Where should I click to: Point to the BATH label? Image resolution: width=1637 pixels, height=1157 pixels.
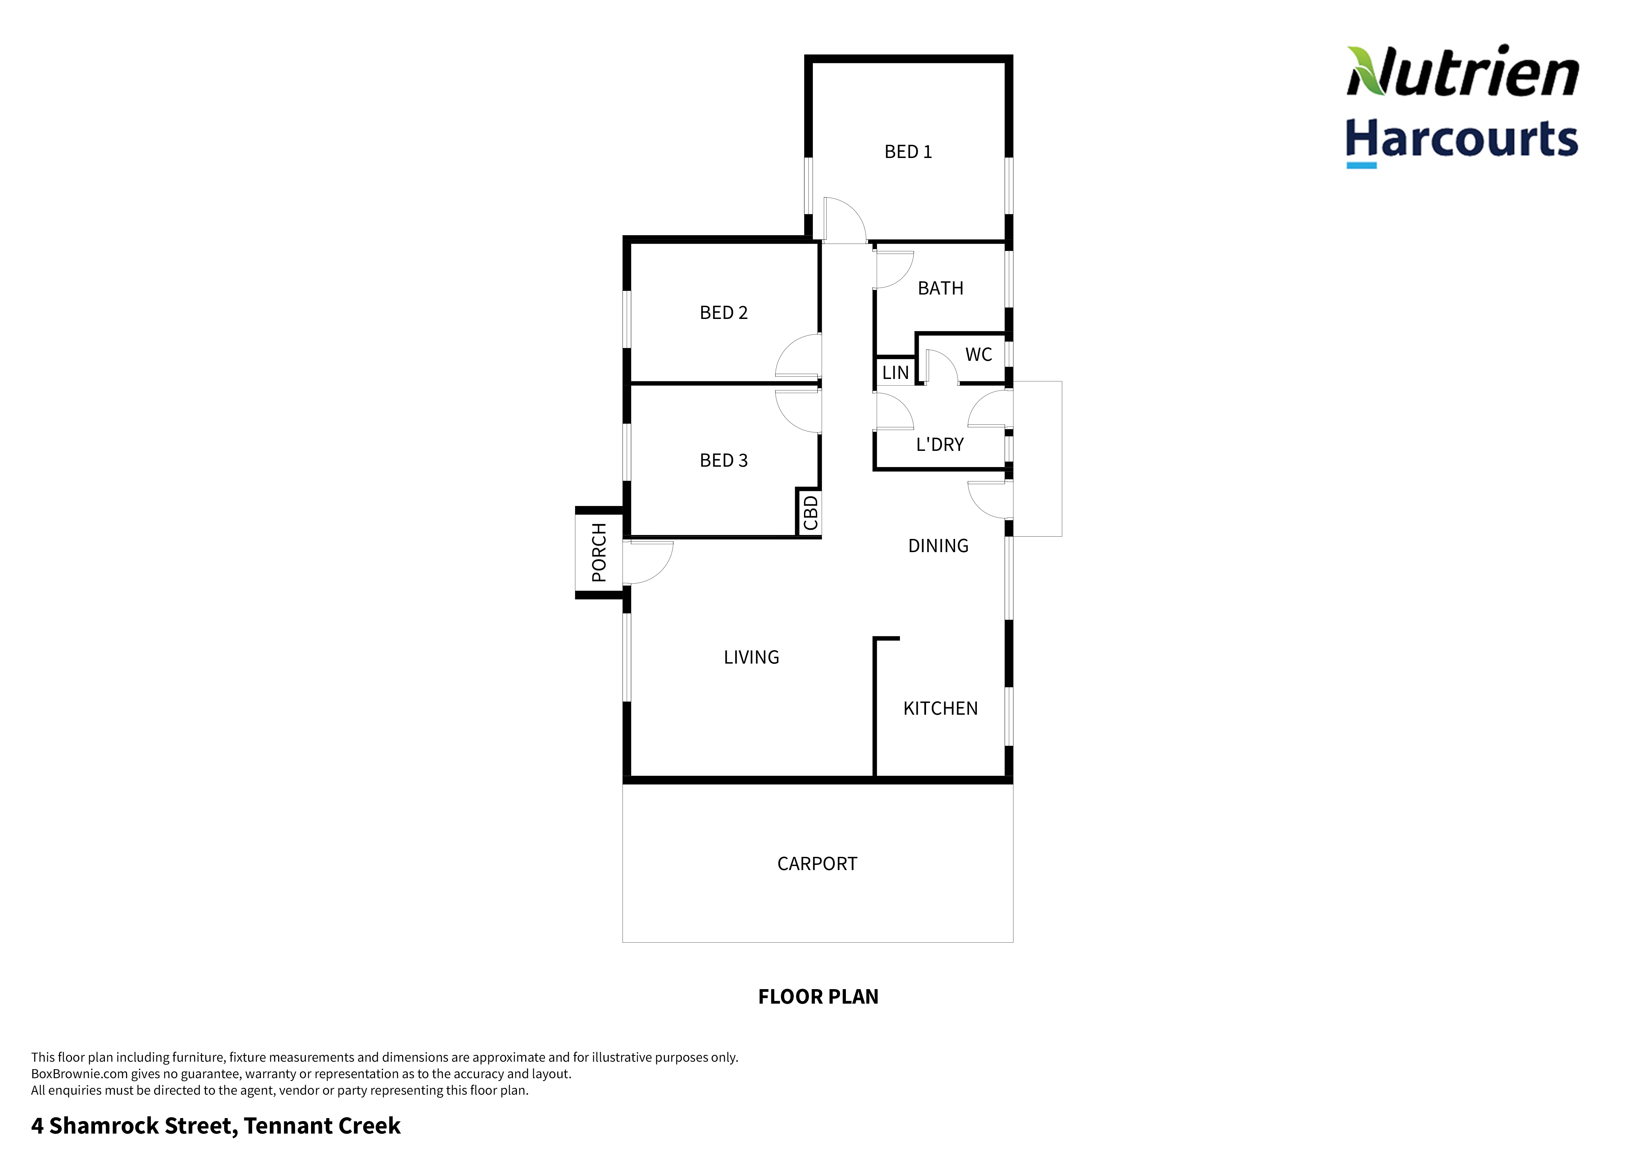(941, 289)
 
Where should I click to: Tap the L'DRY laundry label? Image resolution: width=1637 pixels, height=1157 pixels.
(940, 445)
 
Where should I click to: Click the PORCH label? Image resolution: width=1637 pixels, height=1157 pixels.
(599, 552)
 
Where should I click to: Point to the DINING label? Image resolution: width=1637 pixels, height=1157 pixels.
(938, 546)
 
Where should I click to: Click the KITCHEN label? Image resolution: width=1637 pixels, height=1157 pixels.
(941, 708)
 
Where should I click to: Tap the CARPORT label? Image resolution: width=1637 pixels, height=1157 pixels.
(817, 864)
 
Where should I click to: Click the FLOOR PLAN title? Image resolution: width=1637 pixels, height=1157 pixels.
(818, 997)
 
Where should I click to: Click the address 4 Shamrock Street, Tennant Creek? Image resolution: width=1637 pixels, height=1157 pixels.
(215, 1126)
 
